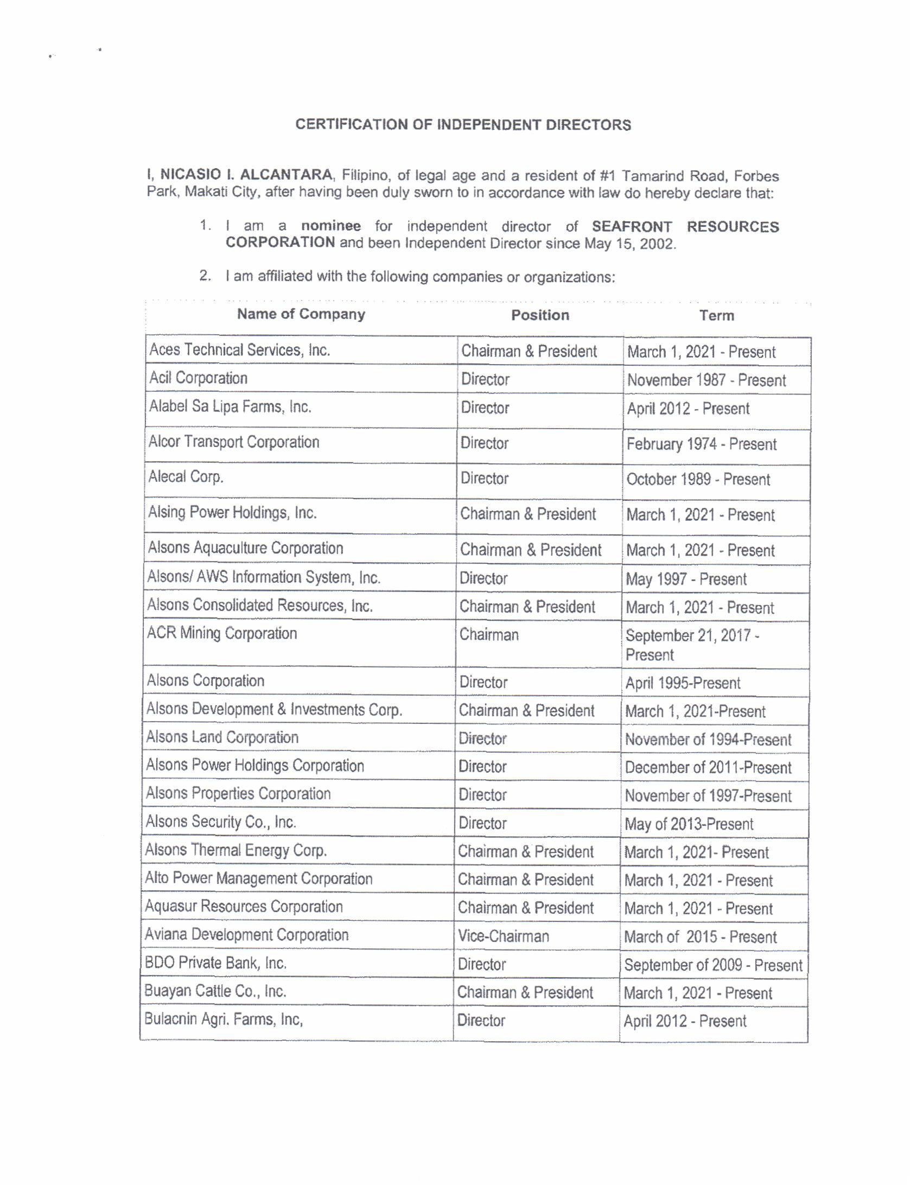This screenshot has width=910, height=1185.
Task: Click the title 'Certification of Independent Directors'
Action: click(x=463, y=125)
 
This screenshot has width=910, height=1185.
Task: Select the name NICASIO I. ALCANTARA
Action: click(x=246, y=175)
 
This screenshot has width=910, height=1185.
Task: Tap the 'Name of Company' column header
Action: click(x=301, y=314)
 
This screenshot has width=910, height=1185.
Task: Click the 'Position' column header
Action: click(x=540, y=315)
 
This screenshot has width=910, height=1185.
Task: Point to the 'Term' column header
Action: click(x=716, y=316)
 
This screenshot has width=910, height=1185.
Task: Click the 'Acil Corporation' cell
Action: click(x=198, y=378)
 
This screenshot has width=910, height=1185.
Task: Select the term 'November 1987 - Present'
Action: click(x=706, y=380)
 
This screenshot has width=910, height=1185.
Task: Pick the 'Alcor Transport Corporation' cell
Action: click(x=234, y=442)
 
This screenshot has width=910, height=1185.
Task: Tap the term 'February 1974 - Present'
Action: click(x=701, y=444)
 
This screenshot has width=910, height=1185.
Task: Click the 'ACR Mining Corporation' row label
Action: click(x=222, y=634)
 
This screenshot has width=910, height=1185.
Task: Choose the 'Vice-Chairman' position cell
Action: click(x=503, y=936)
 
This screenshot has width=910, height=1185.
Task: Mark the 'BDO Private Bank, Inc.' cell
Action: click(x=215, y=963)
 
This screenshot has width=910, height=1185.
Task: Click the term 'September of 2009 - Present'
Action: click(x=712, y=965)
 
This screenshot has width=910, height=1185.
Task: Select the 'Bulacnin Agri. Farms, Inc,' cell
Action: click(x=223, y=1020)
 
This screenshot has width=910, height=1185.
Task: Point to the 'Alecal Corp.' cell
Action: click(x=186, y=477)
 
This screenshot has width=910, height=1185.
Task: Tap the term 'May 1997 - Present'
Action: click(x=686, y=579)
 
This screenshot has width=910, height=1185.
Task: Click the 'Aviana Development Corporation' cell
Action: click(x=246, y=935)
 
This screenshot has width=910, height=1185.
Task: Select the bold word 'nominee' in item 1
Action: click(x=331, y=226)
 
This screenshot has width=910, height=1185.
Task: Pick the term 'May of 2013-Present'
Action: click(x=689, y=824)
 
